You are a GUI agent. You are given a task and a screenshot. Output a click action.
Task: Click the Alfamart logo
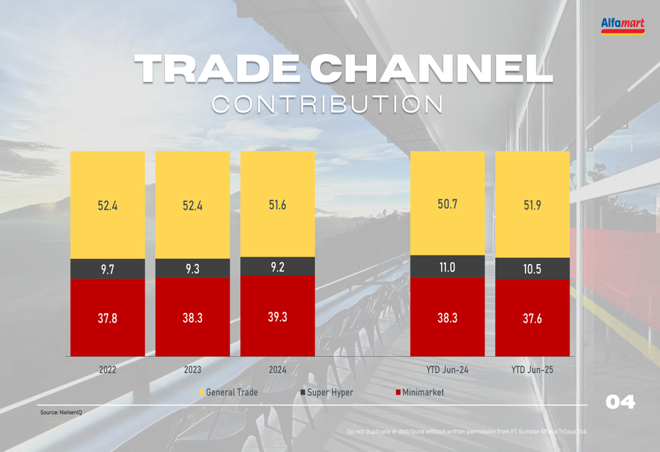[622, 26]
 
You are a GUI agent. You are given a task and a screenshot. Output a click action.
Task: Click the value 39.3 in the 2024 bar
[277, 317]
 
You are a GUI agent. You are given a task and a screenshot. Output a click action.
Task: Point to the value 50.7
[447, 204]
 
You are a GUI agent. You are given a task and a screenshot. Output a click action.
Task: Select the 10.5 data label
[532, 269]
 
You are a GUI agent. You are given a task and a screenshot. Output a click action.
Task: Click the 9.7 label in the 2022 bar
[108, 269]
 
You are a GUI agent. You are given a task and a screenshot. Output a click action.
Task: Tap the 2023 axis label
[192, 370]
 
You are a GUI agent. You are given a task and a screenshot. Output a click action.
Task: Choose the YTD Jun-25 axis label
[532, 370]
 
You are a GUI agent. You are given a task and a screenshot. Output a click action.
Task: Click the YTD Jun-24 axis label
[447, 370]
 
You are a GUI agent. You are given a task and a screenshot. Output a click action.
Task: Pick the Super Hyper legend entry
[329, 393]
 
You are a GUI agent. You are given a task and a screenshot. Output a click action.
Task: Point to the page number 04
[620, 402]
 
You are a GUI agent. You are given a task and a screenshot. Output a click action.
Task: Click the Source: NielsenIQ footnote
[61, 412]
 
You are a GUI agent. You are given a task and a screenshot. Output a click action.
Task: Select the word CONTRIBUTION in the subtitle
[328, 104]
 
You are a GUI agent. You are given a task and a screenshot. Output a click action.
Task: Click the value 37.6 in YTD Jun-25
[532, 319]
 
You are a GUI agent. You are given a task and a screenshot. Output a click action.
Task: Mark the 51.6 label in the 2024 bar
[277, 205]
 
